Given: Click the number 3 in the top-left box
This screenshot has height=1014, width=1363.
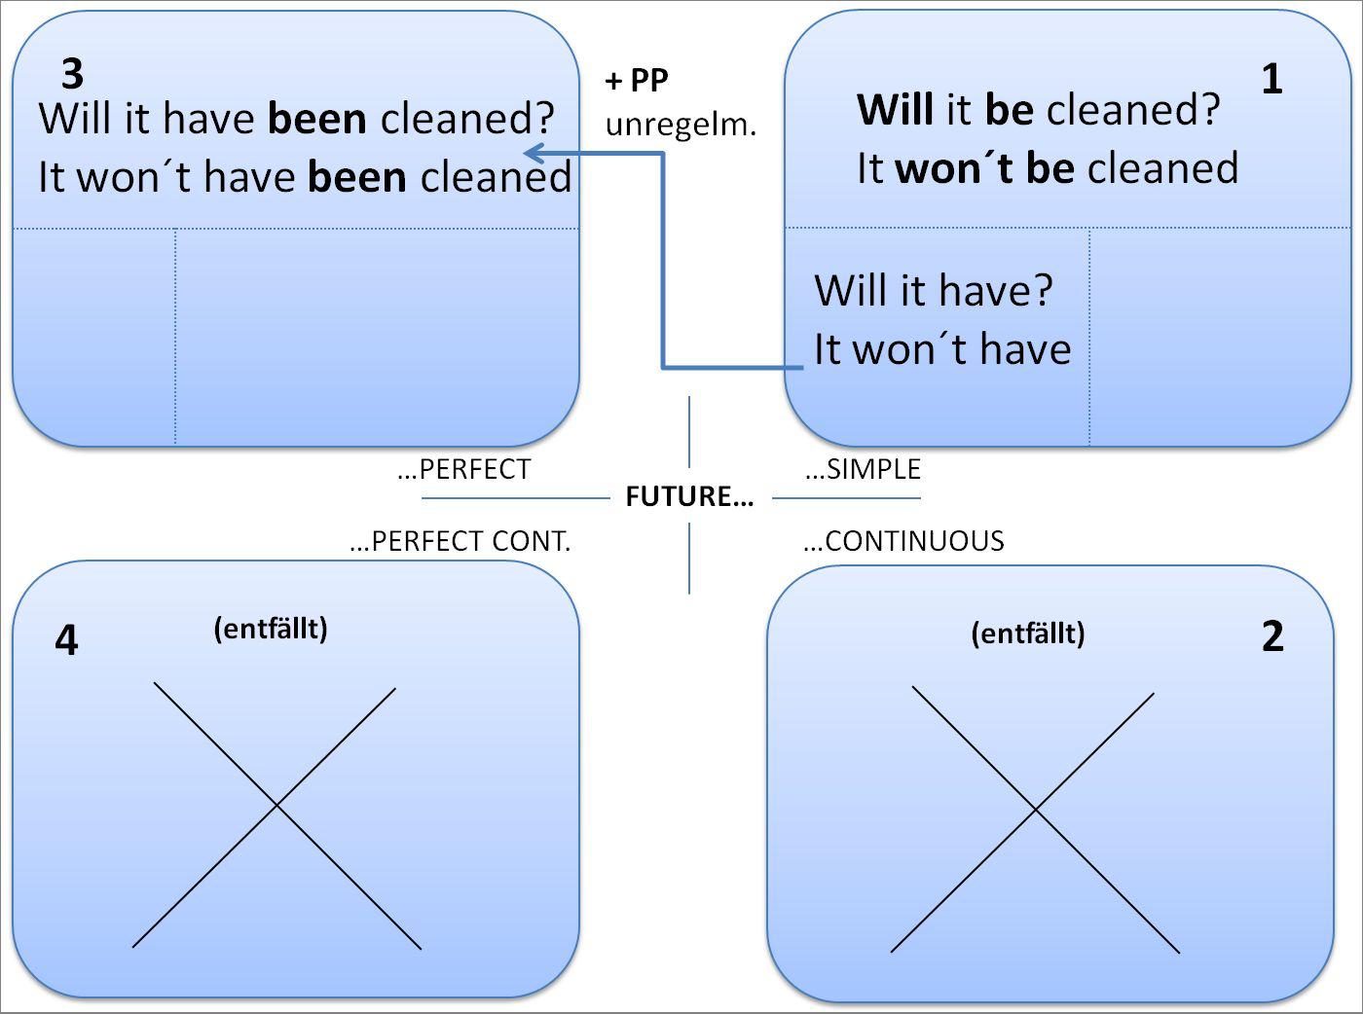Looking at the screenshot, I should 72,74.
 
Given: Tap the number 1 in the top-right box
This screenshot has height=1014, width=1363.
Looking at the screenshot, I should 1271,79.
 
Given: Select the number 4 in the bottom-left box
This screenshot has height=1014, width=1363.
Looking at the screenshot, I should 66,640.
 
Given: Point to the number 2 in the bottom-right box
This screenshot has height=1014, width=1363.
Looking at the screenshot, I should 1272,636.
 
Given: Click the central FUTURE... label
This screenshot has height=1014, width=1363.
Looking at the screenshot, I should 689,497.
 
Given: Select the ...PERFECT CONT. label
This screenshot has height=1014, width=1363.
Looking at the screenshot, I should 460,542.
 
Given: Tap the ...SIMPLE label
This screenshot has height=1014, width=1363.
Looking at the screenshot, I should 863,470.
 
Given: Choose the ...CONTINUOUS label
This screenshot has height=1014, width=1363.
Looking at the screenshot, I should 903,542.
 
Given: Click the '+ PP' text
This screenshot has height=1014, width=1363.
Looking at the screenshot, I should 637,81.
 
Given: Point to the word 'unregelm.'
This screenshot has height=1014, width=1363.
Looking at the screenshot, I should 681,125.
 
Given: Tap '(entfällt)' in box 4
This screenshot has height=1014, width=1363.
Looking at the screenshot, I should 271,629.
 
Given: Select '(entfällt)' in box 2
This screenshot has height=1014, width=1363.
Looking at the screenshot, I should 1028,634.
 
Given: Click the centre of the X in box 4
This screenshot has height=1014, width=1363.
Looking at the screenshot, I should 276,806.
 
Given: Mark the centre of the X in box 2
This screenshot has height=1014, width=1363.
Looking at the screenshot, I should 1034,810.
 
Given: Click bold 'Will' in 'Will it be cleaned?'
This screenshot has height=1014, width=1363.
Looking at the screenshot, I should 895,110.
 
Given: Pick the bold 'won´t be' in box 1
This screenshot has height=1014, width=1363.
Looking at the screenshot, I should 984,168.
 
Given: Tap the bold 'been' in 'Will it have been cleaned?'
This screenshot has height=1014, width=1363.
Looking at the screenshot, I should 316,119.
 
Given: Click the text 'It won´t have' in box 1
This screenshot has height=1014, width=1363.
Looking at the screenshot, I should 942,349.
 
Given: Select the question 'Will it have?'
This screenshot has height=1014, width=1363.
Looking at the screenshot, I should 934,290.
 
